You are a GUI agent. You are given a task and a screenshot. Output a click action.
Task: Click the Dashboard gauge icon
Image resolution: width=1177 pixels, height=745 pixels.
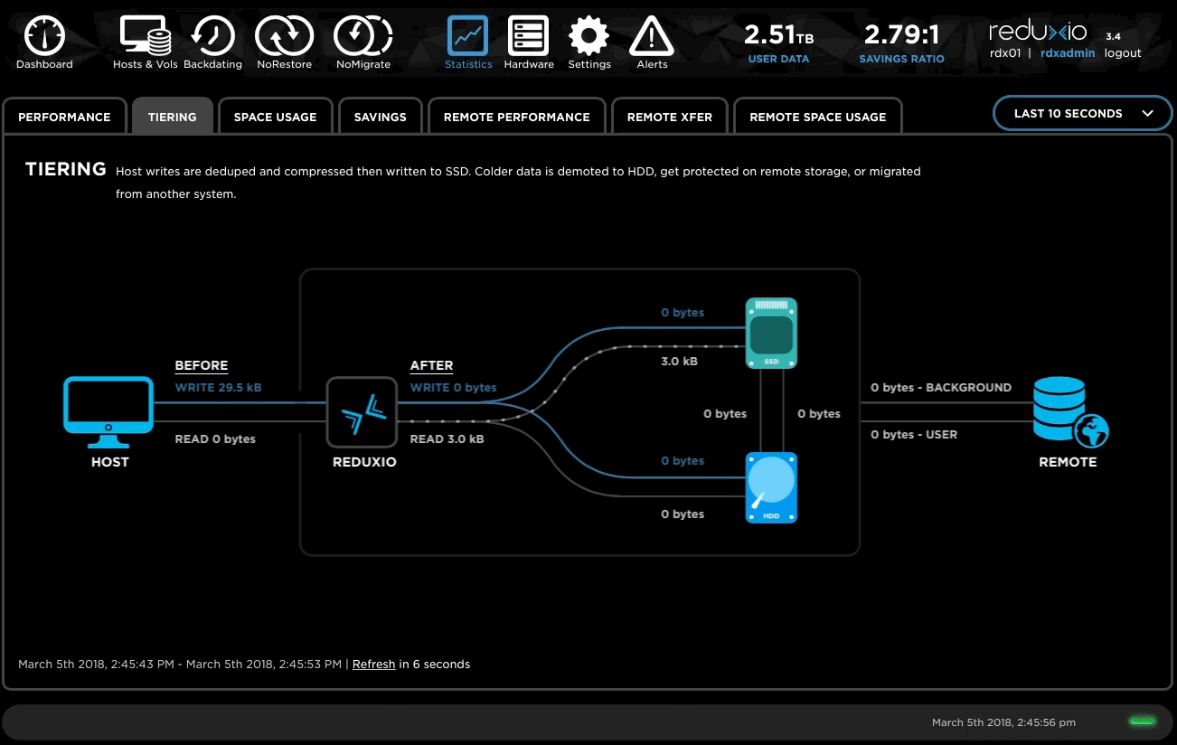[x=44, y=36]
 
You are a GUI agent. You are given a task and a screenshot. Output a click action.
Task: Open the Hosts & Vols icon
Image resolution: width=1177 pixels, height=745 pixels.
[x=146, y=35]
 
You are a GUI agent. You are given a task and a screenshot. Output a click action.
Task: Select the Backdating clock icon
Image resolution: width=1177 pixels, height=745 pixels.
[x=212, y=36]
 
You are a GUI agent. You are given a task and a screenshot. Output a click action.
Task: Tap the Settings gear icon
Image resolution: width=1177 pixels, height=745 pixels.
[x=589, y=36]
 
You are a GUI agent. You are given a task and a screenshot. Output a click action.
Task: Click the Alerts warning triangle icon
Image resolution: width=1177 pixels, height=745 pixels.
[x=652, y=36]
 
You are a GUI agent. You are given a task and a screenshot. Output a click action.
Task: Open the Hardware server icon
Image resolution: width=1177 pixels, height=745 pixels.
[x=528, y=36]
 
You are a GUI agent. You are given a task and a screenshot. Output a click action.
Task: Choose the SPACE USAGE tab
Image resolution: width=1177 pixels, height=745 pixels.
[x=276, y=117]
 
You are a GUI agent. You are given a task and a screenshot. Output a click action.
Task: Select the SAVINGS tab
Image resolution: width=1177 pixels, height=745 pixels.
[x=381, y=117]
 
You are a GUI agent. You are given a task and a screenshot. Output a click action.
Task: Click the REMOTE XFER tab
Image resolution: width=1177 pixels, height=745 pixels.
[x=670, y=117]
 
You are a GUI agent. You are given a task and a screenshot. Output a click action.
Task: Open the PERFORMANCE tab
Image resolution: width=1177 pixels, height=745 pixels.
[x=64, y=117]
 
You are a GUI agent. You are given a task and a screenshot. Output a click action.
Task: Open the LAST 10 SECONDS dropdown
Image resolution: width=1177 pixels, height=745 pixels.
[x=1082, y=114]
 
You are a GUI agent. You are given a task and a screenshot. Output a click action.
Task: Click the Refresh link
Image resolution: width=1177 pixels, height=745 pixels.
[x=373, y=665]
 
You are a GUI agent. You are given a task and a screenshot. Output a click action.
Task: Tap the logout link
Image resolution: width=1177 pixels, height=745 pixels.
[x=1123, y=53]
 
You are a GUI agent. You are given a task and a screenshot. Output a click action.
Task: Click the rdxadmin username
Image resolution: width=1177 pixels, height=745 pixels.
[x=1068, y=53]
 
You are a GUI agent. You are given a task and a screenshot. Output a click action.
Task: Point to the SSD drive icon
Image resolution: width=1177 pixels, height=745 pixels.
[x=771, y=333]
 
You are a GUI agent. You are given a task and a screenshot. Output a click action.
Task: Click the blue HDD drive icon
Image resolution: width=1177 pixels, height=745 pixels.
[x=771, y=487]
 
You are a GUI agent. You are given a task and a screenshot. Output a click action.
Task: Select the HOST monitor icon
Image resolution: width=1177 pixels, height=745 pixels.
[x=108, y=412]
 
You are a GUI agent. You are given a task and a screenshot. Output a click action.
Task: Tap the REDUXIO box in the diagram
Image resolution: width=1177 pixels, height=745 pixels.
[x=362, y=412]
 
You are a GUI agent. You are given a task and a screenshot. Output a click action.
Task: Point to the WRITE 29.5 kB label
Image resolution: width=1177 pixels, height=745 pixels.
[x=218, y=388]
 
